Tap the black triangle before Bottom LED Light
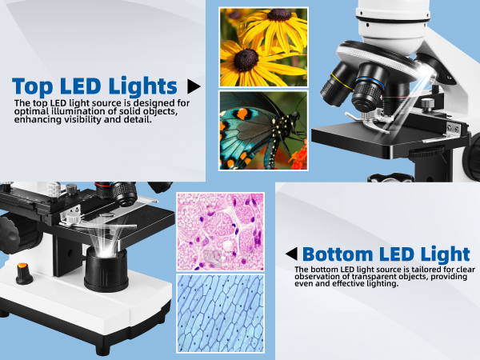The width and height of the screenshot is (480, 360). (292, 254)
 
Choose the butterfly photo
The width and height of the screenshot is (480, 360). (263, 130)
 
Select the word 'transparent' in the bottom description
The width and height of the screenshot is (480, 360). (365, 277)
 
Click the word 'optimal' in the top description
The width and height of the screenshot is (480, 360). (34, 111)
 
